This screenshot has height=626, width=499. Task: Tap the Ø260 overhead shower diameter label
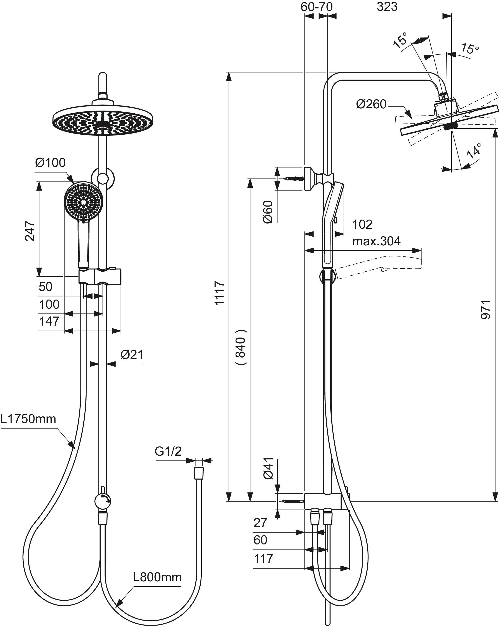(x=371, y=104)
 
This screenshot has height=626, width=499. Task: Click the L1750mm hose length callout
(x=28, y=419)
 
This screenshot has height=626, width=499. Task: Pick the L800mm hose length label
(x=157, y=577)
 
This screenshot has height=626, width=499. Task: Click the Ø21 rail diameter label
(x=132, y=355)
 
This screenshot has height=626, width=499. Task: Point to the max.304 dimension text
(x=376, y=241)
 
